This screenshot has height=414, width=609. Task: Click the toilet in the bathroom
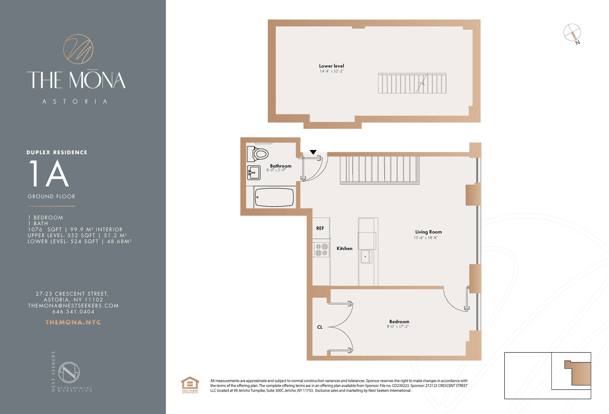tap(258, 154)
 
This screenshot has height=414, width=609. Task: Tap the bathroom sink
tap(254, 173)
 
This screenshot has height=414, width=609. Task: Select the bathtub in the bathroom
tap(274, 197)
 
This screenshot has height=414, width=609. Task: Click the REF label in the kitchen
tap(320, 228)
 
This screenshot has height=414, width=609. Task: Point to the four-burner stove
tap(321, 250)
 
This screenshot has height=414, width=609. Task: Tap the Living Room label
tap(428, 232)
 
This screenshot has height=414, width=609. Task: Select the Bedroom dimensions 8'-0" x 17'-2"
tap(398, 327)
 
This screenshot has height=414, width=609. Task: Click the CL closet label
tap(320, 327)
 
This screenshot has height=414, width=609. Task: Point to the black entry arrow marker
tap(313, 152)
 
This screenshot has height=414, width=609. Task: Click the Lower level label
tap(331, 66)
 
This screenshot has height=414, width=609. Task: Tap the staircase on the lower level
tap(412, 83)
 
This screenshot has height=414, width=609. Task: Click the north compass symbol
tap(572, 33)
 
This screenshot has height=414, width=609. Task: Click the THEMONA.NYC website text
tap(73, 322)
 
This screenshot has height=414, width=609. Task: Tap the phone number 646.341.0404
tap(73, 312)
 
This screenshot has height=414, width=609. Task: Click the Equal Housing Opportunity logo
tap(190, 385)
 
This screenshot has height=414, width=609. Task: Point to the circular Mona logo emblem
tap(78, 49)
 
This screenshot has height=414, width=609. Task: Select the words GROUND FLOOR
tap(51, 197)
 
